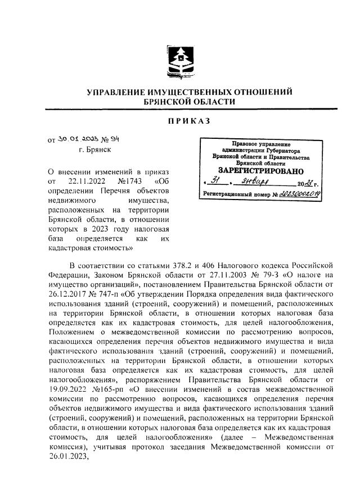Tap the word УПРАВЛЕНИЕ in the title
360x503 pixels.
[125, 92]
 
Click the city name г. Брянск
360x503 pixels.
[95, 150]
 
